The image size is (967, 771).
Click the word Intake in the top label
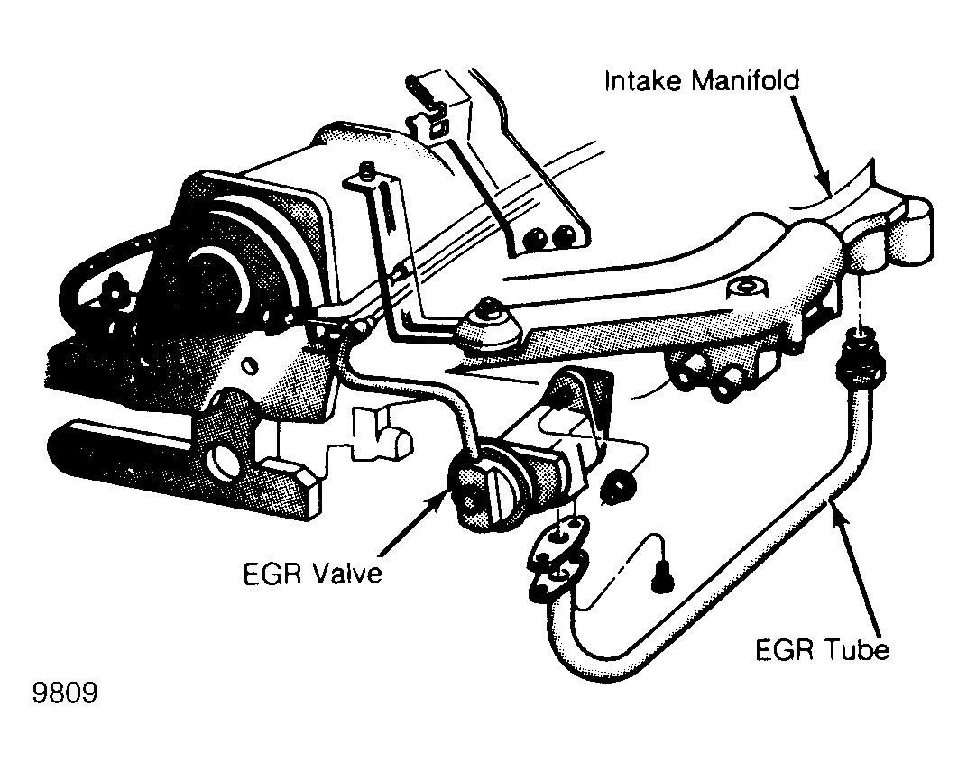pos(642,80)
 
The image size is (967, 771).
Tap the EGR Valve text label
pos(313,574)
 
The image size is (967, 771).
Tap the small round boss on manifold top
pos(747,288)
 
